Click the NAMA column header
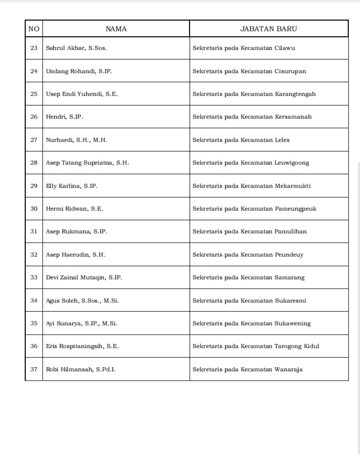point(116,29)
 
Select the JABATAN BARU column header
point(268,29)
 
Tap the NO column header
point(34,29)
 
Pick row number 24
point(34,71)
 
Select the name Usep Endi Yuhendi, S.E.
point(82,94)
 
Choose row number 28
point(34,163)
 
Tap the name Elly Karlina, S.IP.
point(71,186)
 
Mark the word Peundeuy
point(289,255)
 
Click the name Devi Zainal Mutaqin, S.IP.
point(84,277)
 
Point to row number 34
point(34,301)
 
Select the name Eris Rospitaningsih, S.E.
point(82,346)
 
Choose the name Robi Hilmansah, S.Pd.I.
point(80,369)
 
